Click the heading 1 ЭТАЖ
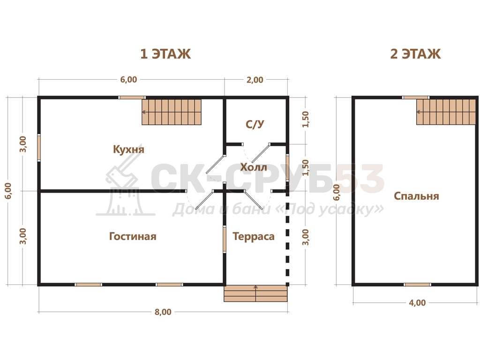pyautogui.click(x=165, y=54)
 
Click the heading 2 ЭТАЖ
pyautogui.click(x=415, y=54)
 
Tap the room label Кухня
pyautogui.click(x=128, y=149)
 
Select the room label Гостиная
pyautogui.click(x=133, y=236)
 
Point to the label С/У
pyautogui.click(x=255, y=124)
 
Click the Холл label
pyautogui.click(x=254, y=167)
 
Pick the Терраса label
pyautogui.click(x=254, y=236)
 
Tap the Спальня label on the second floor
pyautogui.click(x=416, y=196)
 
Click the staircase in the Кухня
pyautogui.click(x=172, y=112)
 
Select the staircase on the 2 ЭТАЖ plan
pyautogui.click(x=446, y=112)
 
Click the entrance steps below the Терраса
pyautogui.click(x=255, y=293)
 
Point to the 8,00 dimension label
pyautogui.click(x=163, y=312)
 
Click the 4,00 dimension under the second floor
pyautogui.click(x=417, y=303)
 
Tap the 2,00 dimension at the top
pyautogui.click(x=255, y=80)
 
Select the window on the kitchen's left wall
pyautogui.click(x=39, y=148)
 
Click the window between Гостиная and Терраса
pyautogui.click(x=225, y=239)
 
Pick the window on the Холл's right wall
pyautogui.click(x=287, y=167)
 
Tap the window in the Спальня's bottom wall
pyautogui.click(x=417, y=285)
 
